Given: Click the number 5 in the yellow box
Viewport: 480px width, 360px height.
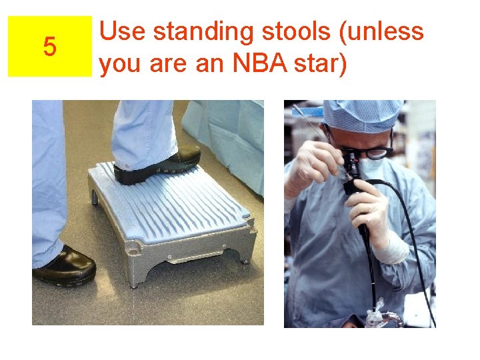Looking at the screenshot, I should click(49, 47).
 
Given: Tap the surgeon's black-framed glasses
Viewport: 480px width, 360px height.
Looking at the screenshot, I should click(375, 153).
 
